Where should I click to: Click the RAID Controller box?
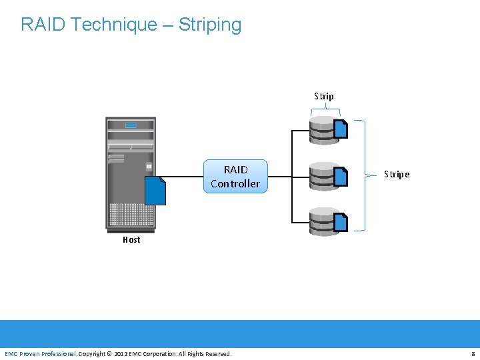pos(235,177)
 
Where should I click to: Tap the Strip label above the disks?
pos(324,96)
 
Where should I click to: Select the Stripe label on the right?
pos(397,174)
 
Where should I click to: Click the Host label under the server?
pos(131,239)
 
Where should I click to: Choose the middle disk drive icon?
pos(324,177)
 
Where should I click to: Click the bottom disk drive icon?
pos(324,222)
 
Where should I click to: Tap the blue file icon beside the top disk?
pos(341,128)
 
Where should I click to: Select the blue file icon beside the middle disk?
pos(341,175)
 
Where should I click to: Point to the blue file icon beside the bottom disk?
pos(341,221)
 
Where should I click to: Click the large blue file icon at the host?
pos(155,191)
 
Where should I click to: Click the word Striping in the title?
pos(210,25)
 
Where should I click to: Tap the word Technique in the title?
pos(114,25)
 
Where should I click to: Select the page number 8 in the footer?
pos(473,353)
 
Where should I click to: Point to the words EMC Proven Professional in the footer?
pos(40,353)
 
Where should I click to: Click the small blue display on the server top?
pos(131,125)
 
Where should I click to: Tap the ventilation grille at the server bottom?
pos(131,215)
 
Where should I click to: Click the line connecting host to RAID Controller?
pos(184,177)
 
